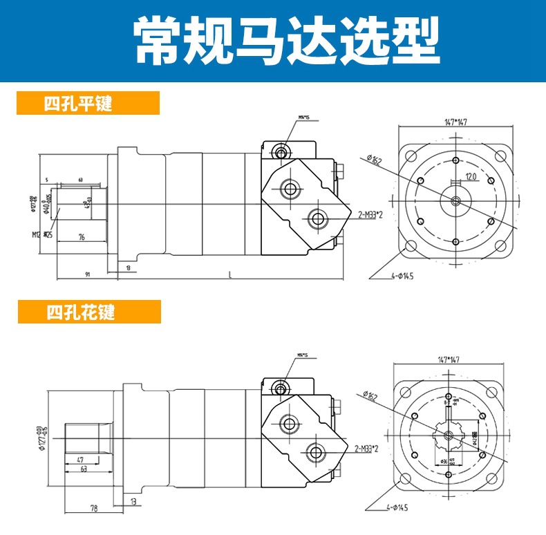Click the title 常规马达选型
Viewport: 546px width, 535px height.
pyautogui.click(x=273, y=40)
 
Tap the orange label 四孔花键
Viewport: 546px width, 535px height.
pyautogui.click(x=80, y=312)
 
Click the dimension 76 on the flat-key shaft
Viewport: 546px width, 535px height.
pyautogui.click(x=81, y=237)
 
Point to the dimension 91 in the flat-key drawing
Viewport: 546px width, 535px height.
pyautogui.click(x=88, y=274)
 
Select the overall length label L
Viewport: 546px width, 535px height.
pyautogui.click(x=229, y=274)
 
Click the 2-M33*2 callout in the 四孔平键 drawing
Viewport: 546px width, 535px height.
pyautogui.click(x=371, y=215)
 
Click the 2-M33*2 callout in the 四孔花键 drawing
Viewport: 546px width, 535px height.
pyautogui.click(x=367, y=449)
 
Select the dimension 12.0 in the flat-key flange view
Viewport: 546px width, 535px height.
pyautogui.click(x=471, y=177)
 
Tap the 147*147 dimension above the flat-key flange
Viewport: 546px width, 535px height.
pyautogui.click(x=454, y=122)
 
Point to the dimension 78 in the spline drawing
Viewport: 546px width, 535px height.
pyautogui.click(x=93, y=509)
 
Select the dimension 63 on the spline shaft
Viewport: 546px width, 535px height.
pyautogui.click(x=84, y=469)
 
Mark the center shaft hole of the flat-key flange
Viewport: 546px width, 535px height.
pyautogui.click(x=455, y=200)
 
